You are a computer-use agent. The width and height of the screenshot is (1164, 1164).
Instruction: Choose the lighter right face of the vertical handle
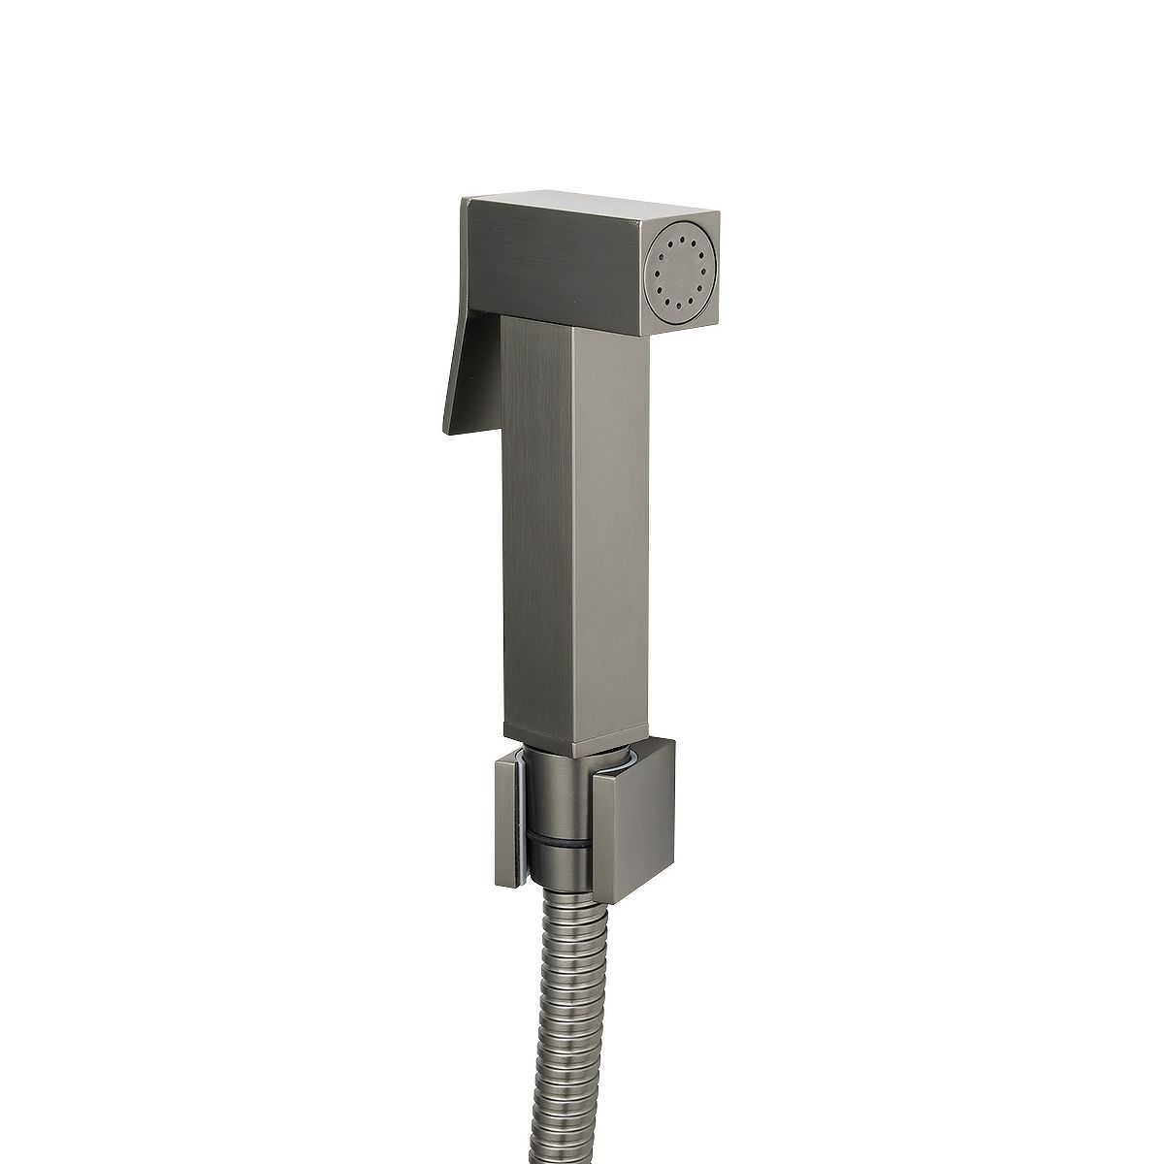point(610,543)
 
